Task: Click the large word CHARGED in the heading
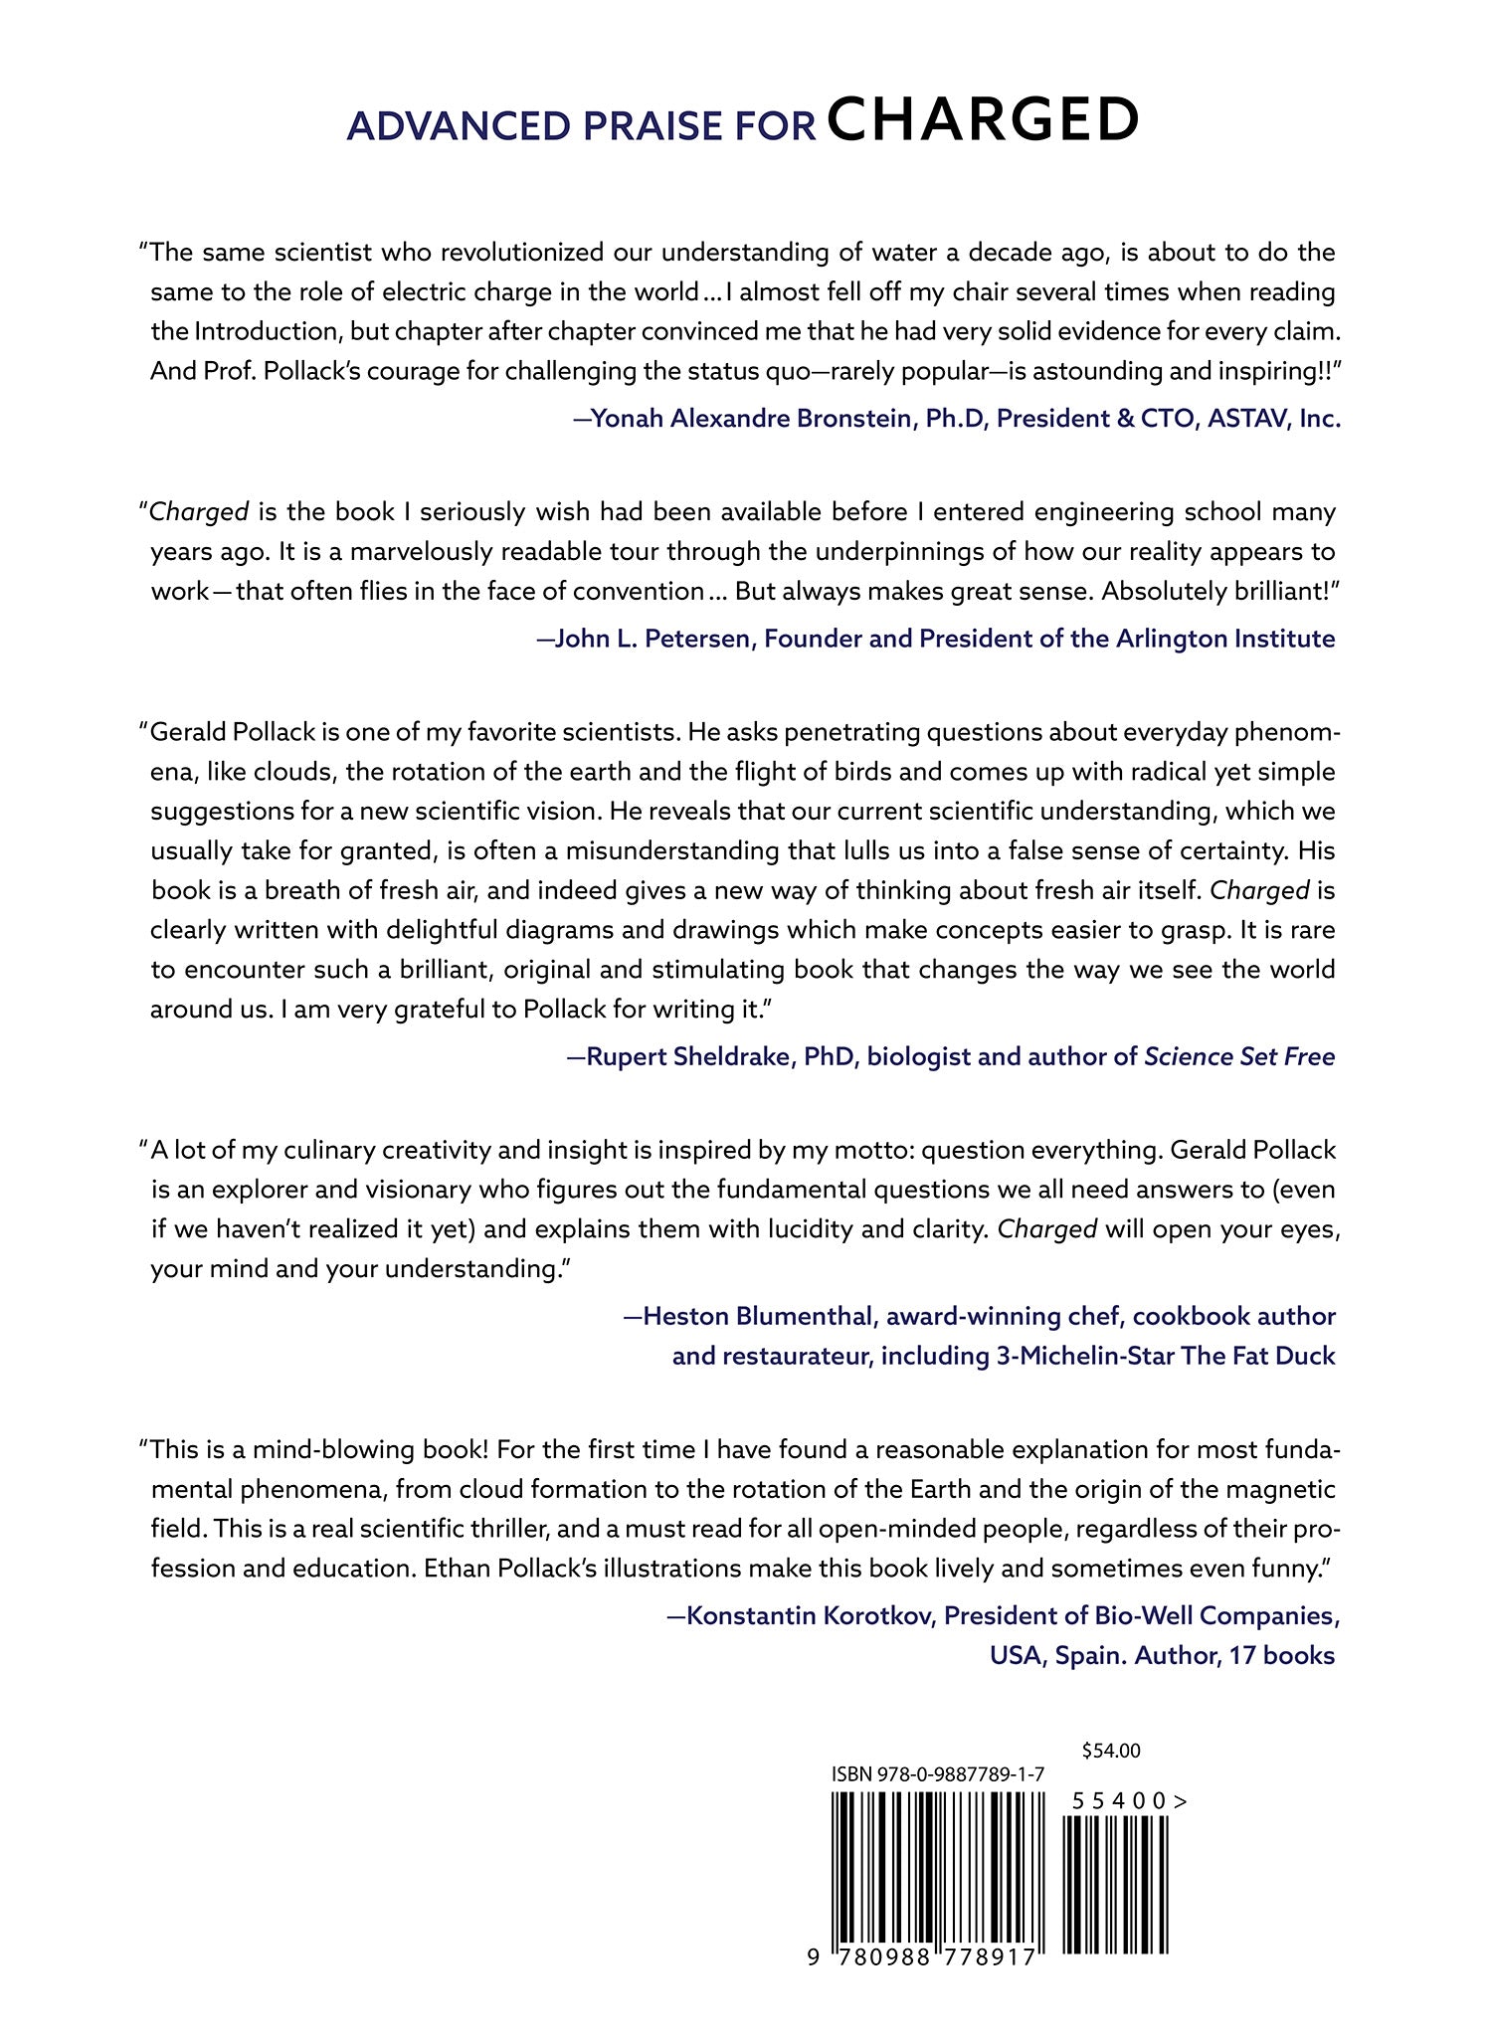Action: pos(983,121)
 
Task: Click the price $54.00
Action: pos(1110,1751)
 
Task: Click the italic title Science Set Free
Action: pos(1239,1055)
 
